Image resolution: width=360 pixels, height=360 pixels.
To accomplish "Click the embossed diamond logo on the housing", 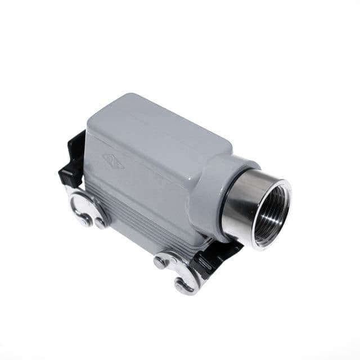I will [113, 161].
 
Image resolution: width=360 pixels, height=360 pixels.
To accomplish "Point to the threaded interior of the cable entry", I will [270, 211].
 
